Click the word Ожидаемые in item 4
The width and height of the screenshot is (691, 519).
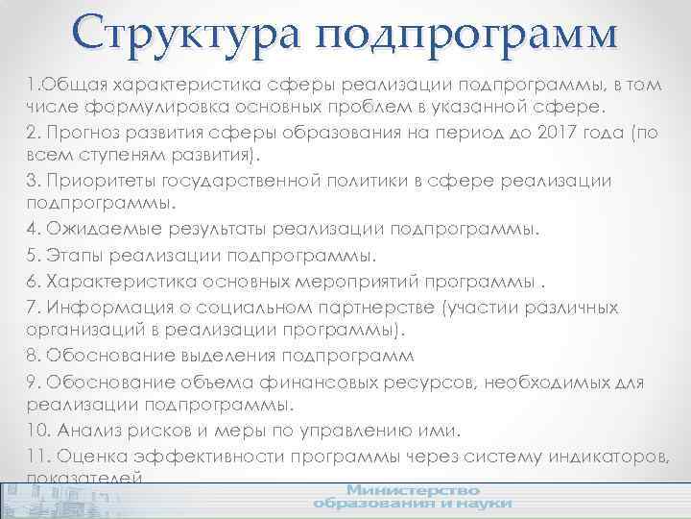pos(93,231)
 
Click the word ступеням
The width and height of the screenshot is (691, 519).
pos(107,156)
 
